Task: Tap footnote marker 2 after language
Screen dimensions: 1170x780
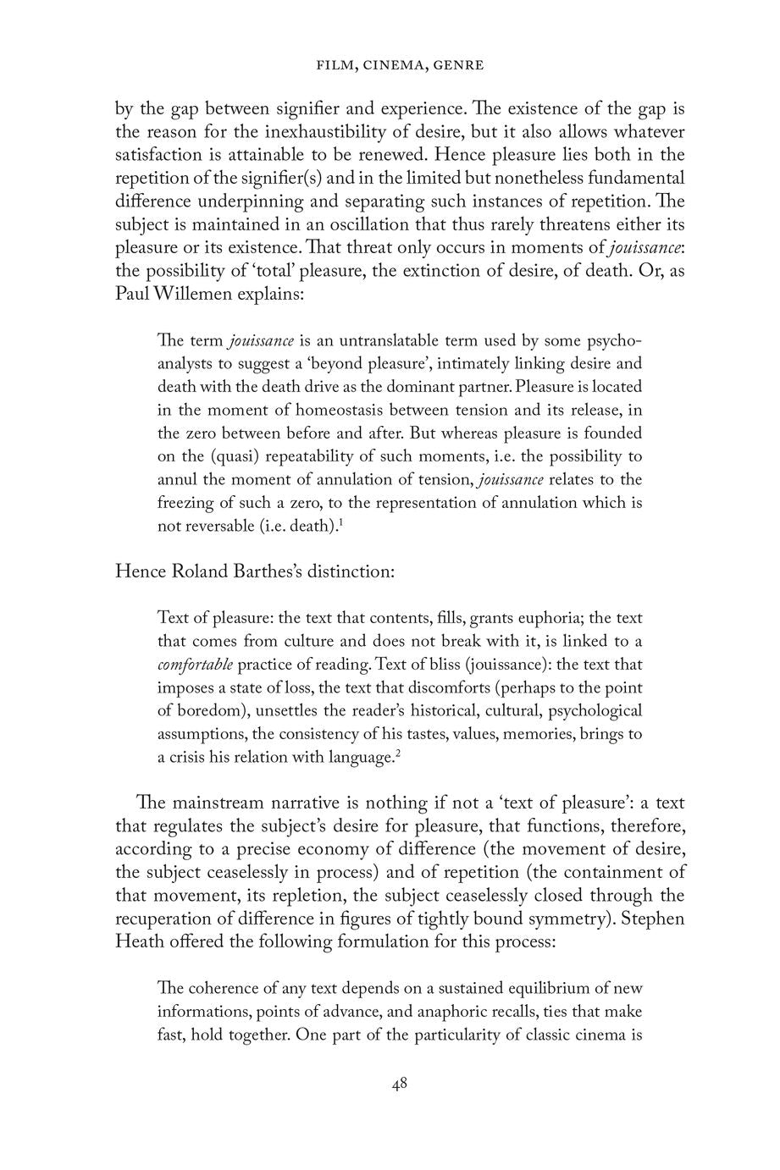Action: [397, 751]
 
